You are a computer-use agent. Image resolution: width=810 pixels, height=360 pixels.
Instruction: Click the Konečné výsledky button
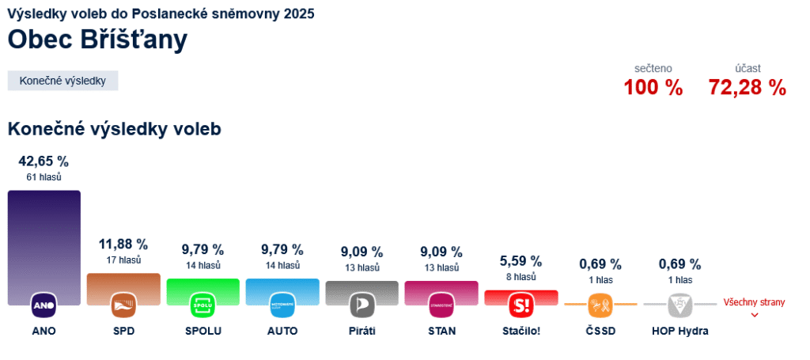click(62, 81)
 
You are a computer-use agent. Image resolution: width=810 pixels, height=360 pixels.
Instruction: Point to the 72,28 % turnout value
click(747, 88)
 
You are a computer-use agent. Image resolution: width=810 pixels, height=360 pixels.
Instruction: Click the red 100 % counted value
click(653, 88)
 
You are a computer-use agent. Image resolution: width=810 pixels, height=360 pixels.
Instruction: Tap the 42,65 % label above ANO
click(44, 161)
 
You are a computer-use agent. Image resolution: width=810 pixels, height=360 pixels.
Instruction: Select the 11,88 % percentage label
click(123, 244)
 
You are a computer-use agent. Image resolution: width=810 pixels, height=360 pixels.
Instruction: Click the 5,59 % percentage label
click(520, 260)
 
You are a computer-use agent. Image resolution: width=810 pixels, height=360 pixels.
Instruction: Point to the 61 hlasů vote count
click(44, 177)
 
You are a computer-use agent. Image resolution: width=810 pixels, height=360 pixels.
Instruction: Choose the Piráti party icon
click(361, 305)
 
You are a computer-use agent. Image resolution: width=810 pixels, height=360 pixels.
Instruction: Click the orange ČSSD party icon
click(600, 305)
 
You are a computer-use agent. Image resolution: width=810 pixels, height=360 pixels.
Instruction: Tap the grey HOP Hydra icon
click(679, 305)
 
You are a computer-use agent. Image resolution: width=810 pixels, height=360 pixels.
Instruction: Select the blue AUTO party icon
click(282, 305)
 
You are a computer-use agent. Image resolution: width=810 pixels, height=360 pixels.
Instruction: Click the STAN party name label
click(441, 331)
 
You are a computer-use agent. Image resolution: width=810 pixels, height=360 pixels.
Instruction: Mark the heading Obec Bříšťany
click(98, 40)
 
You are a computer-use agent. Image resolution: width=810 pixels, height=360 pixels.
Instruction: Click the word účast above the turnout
click(747, 68)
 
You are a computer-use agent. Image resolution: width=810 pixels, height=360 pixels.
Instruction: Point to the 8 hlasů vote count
click(520, 277)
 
